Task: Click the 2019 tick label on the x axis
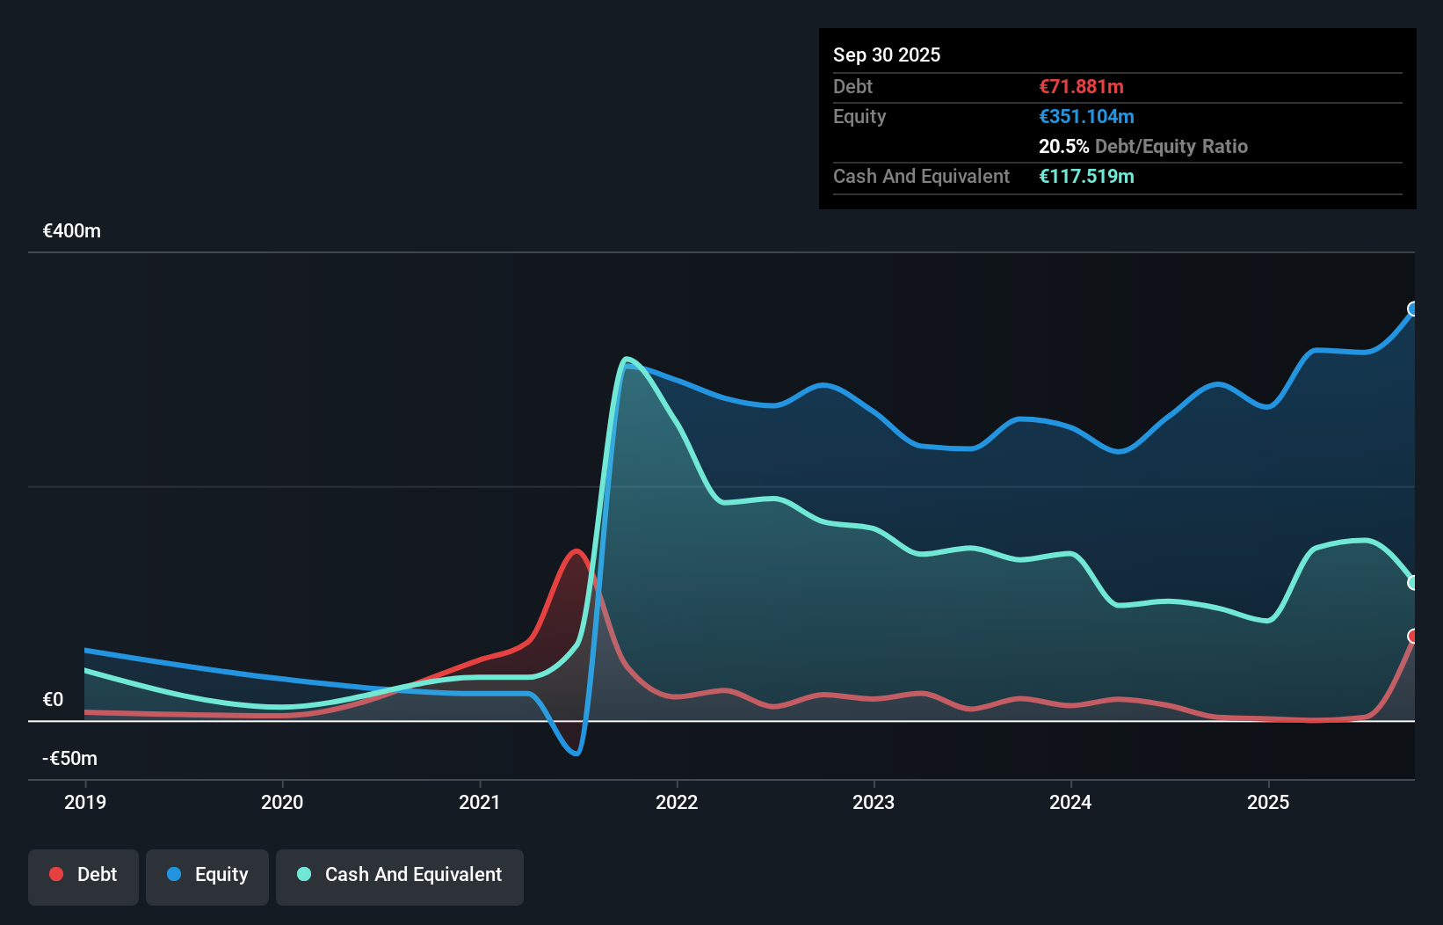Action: click(85, 802)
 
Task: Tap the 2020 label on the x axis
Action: click(282, 802)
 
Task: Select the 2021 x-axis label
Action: click(480, 802)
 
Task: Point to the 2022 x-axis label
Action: click(677, 802)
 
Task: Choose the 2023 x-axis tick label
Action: click(874, 802)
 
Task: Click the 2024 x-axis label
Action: click(1070, 802)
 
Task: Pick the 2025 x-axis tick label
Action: click(1268, 802)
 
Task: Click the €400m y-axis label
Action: click(72, 231)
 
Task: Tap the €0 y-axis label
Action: click(54, 700)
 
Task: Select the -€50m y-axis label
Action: click(70, 758)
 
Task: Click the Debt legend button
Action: click(83, 875)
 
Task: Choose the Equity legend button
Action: click(207, 875)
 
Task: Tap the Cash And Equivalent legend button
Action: click(400, 875)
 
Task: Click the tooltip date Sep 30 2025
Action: click(887, 55)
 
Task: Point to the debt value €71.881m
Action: click(1081, 86)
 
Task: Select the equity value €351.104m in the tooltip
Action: click(1086, 116)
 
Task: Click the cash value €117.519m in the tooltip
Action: click(1086, 176)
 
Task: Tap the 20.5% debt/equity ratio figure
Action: click(1063, 146)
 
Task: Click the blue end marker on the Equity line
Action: click(1413, 309)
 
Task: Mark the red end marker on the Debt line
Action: click(1413, 636)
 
